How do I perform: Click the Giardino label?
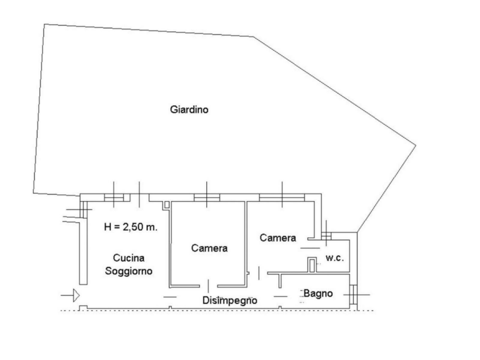189,110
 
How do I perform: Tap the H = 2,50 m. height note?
131,227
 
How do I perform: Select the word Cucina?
129,258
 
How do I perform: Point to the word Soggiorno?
129,271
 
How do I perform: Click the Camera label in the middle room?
209,248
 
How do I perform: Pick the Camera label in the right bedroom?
278,238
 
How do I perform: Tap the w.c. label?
335,258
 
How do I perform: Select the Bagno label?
318,294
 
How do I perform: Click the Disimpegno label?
230,300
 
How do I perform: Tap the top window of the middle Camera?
207,198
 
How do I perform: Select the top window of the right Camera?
282,198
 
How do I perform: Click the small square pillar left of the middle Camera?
167,205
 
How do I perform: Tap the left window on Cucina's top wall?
113,197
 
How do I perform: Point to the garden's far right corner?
415,145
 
